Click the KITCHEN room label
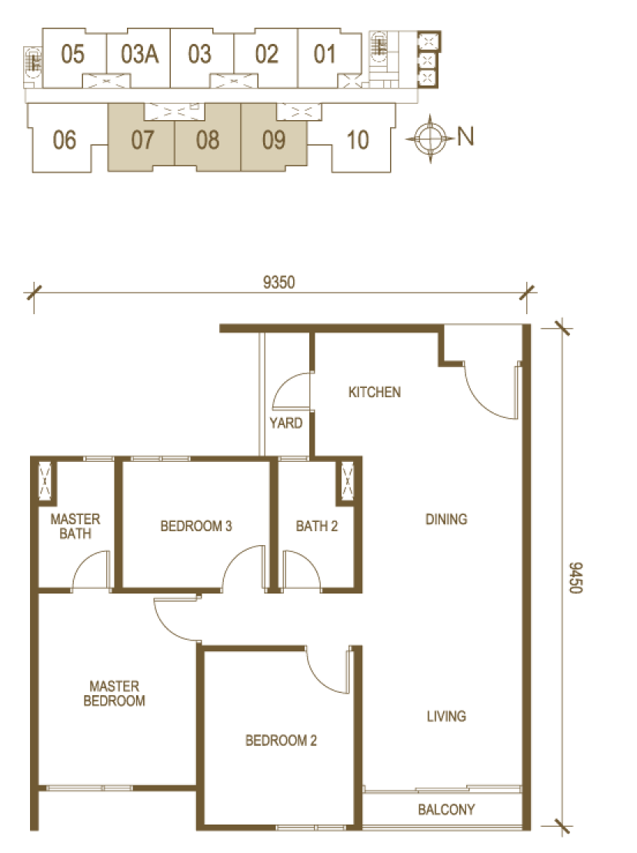pyautogui.click(x=375, y=392)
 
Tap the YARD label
pyautogui.click(x=286, y=423)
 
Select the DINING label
pyautogui.click(x=446, y=519)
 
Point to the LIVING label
pyautogui.click(x=446, y=716)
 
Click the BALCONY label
pyautogui.click(x=446, y=809)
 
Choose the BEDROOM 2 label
pyautogui.click(x=281, y=741)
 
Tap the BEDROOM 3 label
pyautogui.click(x=196, y=526)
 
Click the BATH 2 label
pyautogui.click(x=317, y=526)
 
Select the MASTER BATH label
pyautogui.click(x=75, y=526)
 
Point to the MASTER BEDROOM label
pyautogui.click(x=114, y=693)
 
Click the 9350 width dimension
pyautogui.click(x=278, y=282)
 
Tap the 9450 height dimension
pyautogui.click(x=575, y=577)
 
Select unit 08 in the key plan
pyautogui.click(x=208, y=140)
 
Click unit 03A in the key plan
pyautogui.click(x=140, y=54)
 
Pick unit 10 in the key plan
pyautogui.click(x=358, y=140)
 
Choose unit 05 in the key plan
pyautogui.click(x=72, y=54)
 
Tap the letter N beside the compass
pyautogui.click(x=465, y=136)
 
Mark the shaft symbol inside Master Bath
pyautogui.click(x=44, y=480)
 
